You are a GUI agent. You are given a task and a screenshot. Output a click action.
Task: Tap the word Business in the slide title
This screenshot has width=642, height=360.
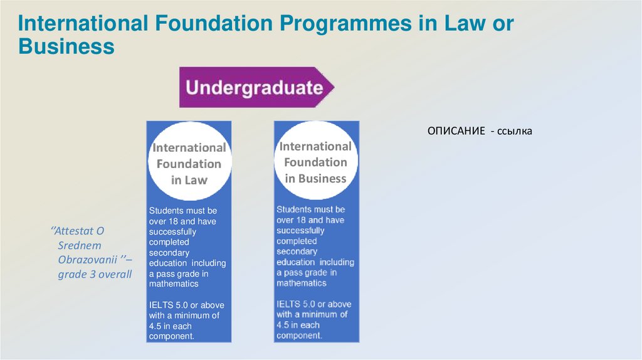(x=66, y=46)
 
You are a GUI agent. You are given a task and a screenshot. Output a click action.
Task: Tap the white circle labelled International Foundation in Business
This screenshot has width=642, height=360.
(x=315, y=162)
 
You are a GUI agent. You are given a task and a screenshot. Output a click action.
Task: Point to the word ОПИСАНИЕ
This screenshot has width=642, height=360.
(x=456, y=131)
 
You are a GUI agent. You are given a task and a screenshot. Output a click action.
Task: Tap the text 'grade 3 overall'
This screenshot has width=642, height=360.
(x=95, y=273)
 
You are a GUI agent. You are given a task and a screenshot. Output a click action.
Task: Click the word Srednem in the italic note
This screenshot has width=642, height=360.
(x=80, y=245)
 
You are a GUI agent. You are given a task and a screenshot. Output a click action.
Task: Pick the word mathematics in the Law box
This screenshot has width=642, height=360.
(x=174, y=284)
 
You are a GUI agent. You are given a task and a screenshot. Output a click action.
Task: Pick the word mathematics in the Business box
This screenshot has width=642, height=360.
(x=302, y=283)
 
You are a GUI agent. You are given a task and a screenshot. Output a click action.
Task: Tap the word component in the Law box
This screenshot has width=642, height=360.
(x=171, y=337)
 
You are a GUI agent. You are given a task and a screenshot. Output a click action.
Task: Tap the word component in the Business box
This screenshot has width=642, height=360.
(x=298, y=336)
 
